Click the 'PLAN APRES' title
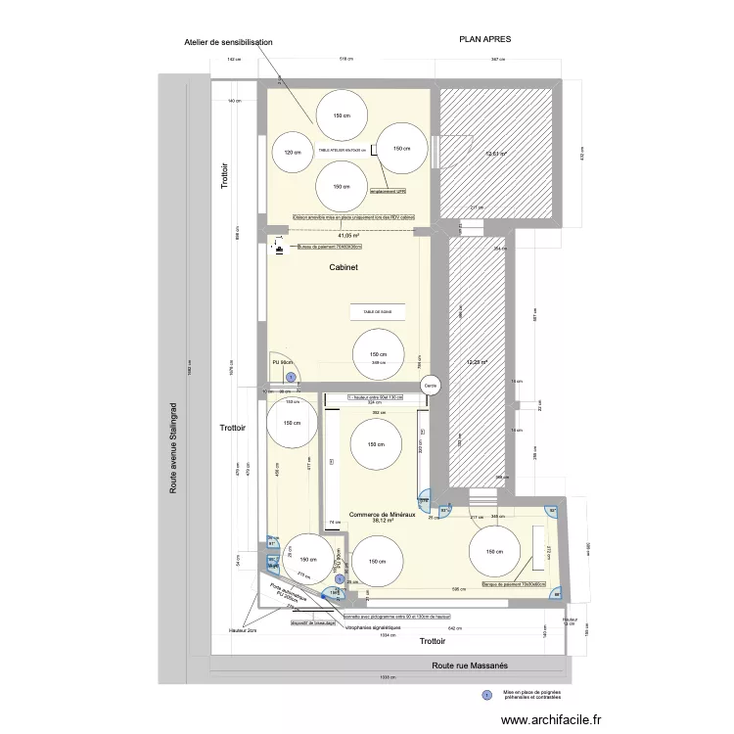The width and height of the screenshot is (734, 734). click(485, 39)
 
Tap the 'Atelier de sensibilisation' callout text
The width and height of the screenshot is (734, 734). click(227, 43)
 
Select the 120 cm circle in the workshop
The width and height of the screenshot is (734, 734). click(291, 153)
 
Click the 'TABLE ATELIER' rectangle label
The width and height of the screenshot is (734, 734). click(342, 151)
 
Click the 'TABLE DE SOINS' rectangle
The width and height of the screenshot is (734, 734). click(371, 311)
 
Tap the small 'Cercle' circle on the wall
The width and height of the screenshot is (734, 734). click(430, 387)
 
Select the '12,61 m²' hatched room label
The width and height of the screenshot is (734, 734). click(497, 154)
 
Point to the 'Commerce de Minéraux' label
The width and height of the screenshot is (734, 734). click(383, 514)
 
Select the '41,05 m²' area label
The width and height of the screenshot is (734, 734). click(348, 236)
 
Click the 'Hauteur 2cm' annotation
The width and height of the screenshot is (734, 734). click(221, 632)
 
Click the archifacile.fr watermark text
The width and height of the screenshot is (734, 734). click(550, 719)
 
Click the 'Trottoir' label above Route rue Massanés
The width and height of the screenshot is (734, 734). click(432, 642)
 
